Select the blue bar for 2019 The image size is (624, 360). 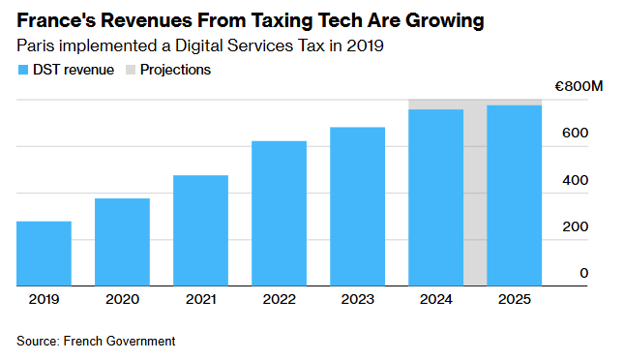44,254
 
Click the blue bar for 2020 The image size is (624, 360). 122,242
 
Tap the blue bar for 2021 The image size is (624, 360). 200,230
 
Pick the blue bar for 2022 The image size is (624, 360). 279,214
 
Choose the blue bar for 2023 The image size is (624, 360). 357,207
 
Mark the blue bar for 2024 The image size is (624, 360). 435,197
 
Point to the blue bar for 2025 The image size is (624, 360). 514,195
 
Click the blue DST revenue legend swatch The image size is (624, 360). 23,70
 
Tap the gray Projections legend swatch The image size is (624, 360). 131,70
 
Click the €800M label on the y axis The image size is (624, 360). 579,86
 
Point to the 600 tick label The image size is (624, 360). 575,133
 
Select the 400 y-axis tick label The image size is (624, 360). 575,180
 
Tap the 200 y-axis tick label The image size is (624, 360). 575,226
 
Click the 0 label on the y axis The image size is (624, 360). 583,273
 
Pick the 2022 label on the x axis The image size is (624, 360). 279,299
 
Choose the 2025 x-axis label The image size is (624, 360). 514,299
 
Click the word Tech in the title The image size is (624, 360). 341,20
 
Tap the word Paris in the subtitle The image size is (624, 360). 36,45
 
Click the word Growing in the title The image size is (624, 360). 444,21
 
